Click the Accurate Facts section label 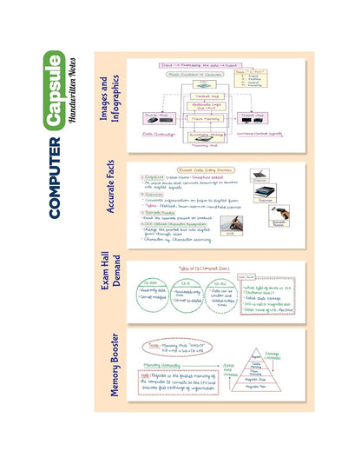point(110,195)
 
